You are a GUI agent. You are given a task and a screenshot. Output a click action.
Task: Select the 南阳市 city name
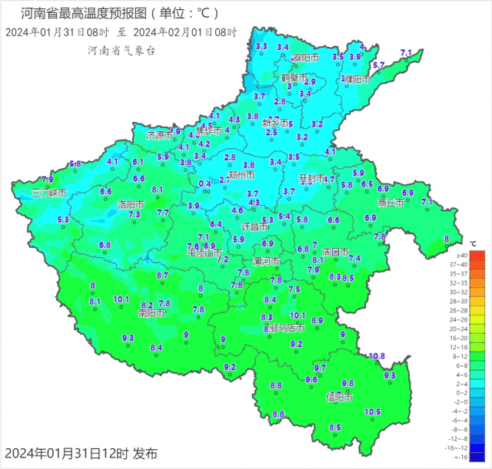151,313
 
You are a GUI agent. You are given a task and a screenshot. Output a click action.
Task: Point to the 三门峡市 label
49,193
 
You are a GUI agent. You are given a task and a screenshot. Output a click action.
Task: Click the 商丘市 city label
391,203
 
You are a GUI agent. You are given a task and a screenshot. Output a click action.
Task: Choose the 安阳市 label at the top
305,58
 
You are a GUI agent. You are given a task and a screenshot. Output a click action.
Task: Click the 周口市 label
335,252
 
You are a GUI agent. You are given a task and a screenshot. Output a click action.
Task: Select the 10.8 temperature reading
376,355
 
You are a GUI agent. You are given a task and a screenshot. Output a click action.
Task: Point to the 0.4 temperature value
204,183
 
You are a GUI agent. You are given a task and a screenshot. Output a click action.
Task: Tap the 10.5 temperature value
372,412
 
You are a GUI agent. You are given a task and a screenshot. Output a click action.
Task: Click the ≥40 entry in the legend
462,255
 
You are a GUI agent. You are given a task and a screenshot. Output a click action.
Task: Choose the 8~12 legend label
462,355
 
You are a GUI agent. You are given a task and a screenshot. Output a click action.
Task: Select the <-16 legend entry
462,456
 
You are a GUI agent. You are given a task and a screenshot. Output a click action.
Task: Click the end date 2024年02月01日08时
185,32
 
